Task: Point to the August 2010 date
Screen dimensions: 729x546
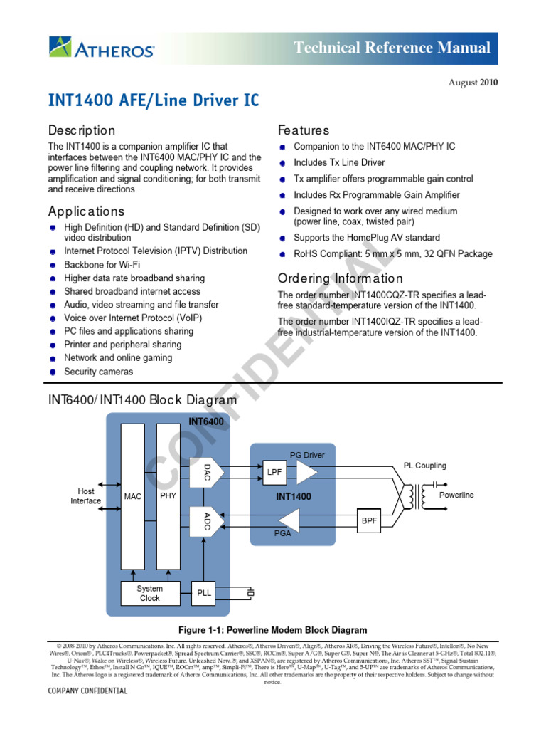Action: [472, 82]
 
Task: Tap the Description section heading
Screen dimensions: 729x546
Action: [81, 131]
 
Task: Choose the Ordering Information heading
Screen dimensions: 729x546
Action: [340, 278]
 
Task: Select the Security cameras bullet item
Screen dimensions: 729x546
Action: [98, 372]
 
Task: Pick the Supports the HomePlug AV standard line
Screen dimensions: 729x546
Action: [367, 238]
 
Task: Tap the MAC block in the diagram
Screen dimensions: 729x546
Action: [133, 495]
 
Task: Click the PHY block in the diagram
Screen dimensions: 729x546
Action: [168, 495]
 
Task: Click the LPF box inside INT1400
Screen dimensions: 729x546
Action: [274, 472]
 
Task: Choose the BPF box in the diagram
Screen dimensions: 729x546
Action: [370, 520]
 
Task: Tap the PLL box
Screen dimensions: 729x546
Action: [205, 593]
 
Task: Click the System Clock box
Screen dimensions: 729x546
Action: [150, 593]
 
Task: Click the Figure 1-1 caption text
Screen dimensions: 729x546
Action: [272, 630]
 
